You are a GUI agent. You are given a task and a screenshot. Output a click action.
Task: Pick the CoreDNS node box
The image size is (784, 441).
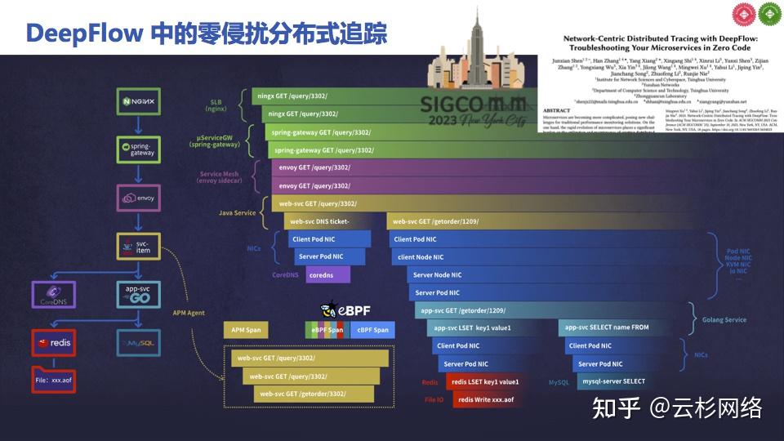[54, 296]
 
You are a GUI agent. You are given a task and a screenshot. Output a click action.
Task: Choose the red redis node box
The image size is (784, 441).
[54, 343]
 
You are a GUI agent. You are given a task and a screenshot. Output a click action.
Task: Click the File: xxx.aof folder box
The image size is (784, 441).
[54, 381]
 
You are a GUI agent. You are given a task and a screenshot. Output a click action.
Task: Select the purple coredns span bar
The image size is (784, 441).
[327, 275]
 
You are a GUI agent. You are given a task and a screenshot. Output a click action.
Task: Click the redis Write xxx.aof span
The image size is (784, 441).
[486, 399]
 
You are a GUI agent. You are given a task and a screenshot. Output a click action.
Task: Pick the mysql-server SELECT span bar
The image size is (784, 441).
[612, 381]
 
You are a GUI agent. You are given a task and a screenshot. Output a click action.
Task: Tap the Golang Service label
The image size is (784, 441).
[724, 319]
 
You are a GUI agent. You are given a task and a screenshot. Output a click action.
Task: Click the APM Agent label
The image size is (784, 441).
[189, 312]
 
